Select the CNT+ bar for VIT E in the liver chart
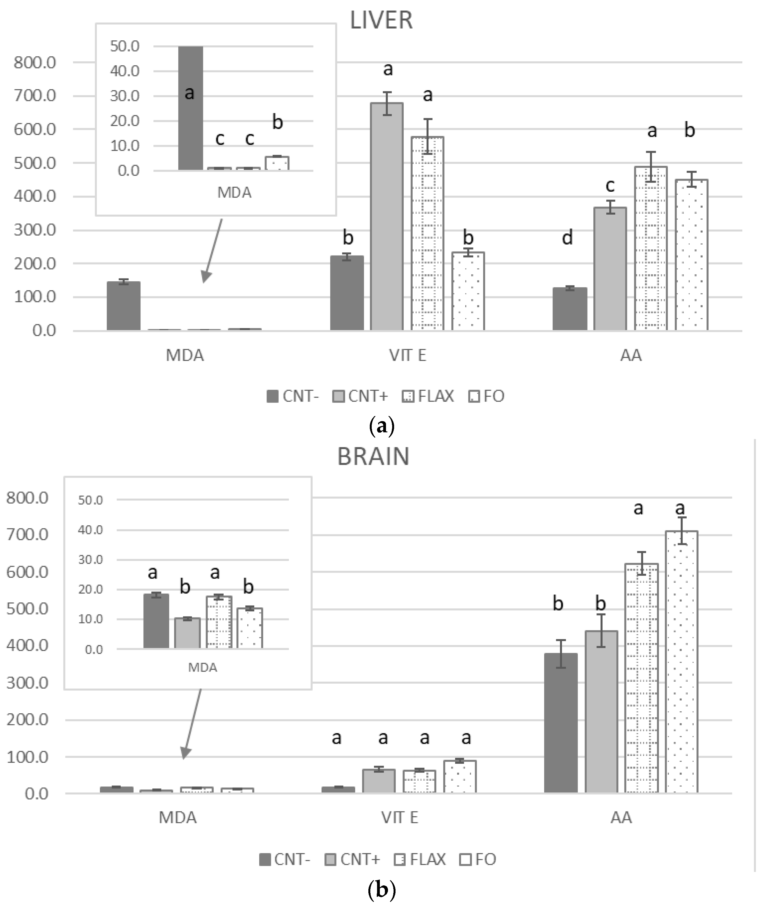(387, 217)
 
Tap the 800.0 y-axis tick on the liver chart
(35, 63)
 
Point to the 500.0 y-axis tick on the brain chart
(27, 609)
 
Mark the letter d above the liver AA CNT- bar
(567, 238)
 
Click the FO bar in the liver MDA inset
(277, 163)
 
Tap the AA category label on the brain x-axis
(621, 818)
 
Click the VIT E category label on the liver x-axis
(408, 355)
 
